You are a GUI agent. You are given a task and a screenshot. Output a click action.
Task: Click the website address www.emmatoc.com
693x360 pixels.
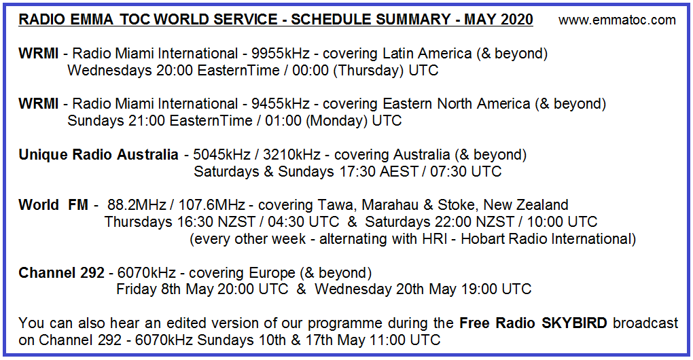click(x=617, y=20)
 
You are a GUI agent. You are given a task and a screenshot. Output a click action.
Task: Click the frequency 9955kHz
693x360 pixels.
click(x=280, y=54)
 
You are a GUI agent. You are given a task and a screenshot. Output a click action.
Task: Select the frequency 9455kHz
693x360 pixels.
click(x=280, y=104)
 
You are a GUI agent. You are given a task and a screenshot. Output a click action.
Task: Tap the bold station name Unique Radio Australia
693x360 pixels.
click(x=98, y=155)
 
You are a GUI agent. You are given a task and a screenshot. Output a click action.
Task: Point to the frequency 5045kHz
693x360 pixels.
click(x=222, y=155)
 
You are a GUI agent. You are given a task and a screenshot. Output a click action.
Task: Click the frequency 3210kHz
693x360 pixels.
click(x=291, y=155)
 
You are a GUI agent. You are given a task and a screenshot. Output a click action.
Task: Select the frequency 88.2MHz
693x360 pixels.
click(x=137, y=205)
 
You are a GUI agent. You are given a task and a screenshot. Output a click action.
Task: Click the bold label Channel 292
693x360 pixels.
click(x=61, y=273)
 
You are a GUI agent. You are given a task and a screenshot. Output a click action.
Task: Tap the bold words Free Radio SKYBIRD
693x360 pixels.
click(x=533, y=323)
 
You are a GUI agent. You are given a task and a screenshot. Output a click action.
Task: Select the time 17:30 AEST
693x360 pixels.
click(x=378, y=171)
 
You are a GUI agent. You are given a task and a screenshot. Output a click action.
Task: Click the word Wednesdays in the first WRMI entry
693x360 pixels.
click(x=109, y=71)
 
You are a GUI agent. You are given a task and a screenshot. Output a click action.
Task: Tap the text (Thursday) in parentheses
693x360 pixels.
click(x=368, y=71)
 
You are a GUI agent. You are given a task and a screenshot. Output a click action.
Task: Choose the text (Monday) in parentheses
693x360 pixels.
click(x=336, y=121)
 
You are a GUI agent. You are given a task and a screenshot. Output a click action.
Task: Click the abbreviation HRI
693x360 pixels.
click(x=434, y=239)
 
